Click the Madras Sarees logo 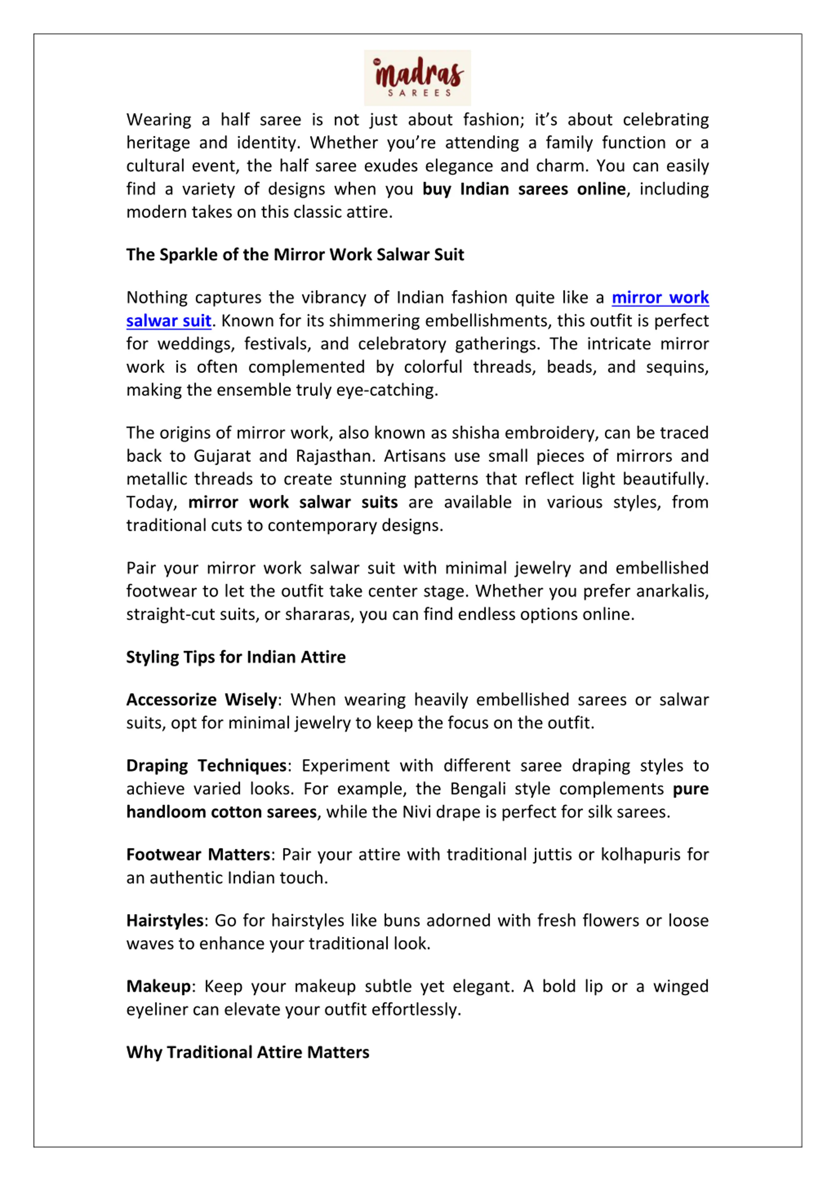point(417,78)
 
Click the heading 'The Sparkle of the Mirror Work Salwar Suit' point(295,254)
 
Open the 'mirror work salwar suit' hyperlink point(660,298)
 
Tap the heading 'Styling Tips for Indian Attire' point(236,657)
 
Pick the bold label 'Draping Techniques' point(206,765)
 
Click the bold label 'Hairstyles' point(165,920)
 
